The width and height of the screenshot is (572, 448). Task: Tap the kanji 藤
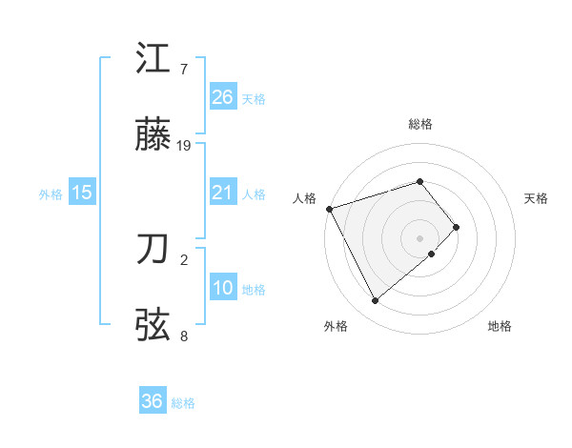(153, 137)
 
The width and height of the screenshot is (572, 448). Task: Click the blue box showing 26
(223, 97)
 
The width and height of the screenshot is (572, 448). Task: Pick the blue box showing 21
(223, 193)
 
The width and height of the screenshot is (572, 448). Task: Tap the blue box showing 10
(223, 289)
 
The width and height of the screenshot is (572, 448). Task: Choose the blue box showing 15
(82, 193)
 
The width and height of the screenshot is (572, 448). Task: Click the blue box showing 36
(153, 401)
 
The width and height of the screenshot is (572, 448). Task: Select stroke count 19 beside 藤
(184, 146)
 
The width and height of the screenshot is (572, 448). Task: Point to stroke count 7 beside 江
(184, 70)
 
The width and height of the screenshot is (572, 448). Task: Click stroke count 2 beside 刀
(184, 258)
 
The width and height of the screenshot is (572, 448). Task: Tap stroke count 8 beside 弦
(184, 336)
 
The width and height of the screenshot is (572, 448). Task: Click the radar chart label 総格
(420, 124)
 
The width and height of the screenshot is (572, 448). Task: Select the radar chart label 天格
(537, 198)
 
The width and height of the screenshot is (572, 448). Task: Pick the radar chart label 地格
(500, 326)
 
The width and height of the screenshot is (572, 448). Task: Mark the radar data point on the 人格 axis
(329, 209)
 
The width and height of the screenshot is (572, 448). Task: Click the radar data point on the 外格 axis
(376, 301)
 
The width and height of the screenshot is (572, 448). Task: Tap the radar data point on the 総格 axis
(420, 181)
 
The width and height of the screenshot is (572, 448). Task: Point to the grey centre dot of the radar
(420, 237)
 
